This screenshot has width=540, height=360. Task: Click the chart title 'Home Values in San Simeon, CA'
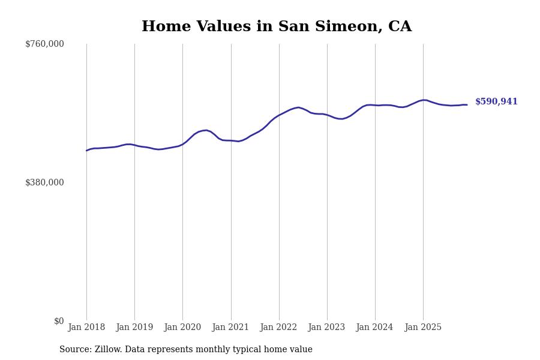click(277, 27)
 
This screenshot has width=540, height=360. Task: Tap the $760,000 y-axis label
click(44, 44)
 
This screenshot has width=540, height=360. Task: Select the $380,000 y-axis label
click(44, 182)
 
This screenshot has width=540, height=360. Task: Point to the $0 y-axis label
click(59, 321)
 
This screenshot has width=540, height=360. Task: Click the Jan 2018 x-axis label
click(86, 328)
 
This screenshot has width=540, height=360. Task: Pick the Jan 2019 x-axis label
click(134, 328)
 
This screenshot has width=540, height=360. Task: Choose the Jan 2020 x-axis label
click(182, 328)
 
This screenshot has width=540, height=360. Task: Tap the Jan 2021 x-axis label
click(230, 328)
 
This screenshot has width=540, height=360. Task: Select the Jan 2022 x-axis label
click(278, 328)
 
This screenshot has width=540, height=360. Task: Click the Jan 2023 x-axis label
click(326, 328)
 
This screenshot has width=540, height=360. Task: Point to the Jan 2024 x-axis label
click(374, 328)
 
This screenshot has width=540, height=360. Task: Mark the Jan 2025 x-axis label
click(423, 328)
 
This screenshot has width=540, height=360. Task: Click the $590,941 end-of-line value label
click(496, 102)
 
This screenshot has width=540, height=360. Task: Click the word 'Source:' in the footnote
click(76, 350)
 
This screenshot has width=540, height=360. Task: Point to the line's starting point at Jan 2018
click(86, 151)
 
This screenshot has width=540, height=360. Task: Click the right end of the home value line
click(467, 105)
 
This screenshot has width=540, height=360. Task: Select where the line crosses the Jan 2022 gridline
click(279, 115)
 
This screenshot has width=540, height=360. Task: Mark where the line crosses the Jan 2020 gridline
click(182, 144)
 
